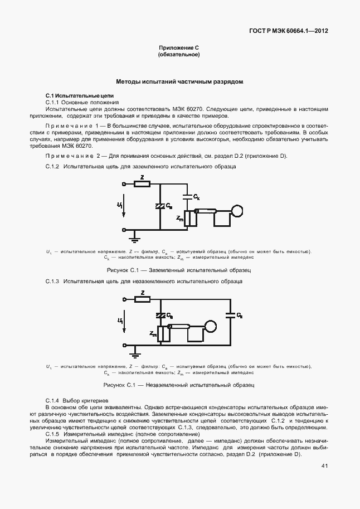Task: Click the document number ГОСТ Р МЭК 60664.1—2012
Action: pyautogui.click(x=288, y=31)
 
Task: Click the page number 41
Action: pyautogui.click(x=324, y=466)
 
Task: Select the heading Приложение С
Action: pyautogui.click(x=179, y=48)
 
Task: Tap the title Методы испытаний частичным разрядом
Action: pyautogui.click(x=179, y=81)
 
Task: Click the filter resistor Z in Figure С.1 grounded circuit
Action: pyautogui.click(x=143, y=183)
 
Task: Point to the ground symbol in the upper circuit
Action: pyautogui.click(x=134, y=239)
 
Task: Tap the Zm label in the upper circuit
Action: pyautogui.click(x=179, y=219)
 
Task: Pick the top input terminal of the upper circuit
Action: pyautogui.click(x=124, y=183)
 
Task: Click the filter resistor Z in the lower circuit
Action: pyautogui.click(x=143, y=299)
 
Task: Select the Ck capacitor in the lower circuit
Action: pyautogui.click(x=230, y=315)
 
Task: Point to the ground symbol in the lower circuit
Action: pyautogui.click(x=134, y=353)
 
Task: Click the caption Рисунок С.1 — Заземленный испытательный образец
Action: pyautogui.click(x=179, y=270)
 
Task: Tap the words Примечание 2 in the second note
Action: pyautogui.click(x=72, y=156)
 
